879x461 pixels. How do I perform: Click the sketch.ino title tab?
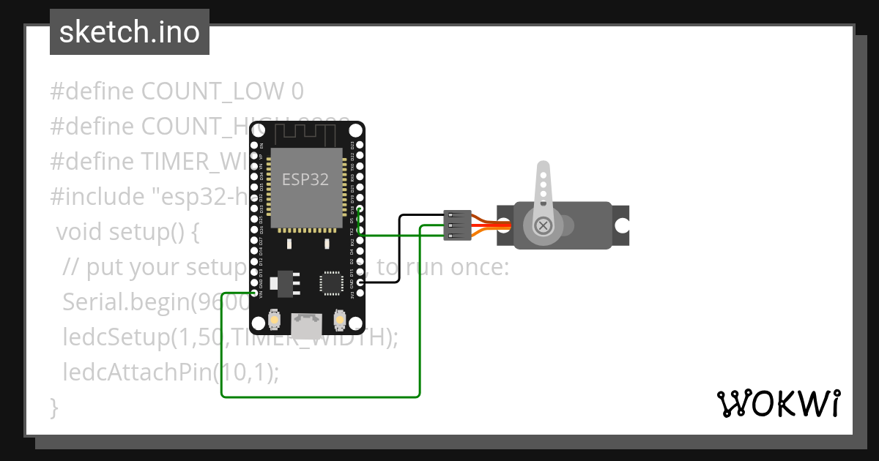pyautogui.click(x=130, y=32)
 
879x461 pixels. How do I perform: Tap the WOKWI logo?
pyautogui.click(x=778, y=403)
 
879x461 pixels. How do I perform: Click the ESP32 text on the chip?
pyautogui.click(x=305, y=179)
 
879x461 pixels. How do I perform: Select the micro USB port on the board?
pyautogui.click(x=307, y=324)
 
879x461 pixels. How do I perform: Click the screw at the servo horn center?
pyautogui.click(x=544, y=225)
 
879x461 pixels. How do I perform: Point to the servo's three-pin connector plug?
pyautogui.click(x=458, y=225)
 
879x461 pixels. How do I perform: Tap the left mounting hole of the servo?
pyautogui.click(x=505, y=225)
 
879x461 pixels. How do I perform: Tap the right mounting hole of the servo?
pyautogui.click(x=621, y=225)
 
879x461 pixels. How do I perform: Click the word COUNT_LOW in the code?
pyautogui.click(x=212, y=91)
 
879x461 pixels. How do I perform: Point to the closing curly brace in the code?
pyautogui.click(x=53, y=406)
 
